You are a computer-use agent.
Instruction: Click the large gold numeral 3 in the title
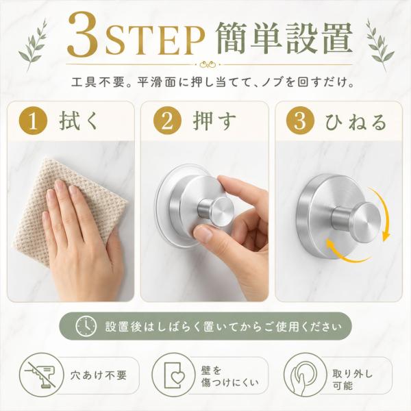pyautogui.click(x=84, y=34)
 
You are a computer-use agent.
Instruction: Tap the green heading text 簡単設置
pyautogui.click(x=284, y=38)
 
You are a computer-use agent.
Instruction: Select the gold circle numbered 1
pyautogui.click(x=33, y=121)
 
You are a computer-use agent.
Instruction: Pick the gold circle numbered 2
pyautogui.click(x=167, y=121)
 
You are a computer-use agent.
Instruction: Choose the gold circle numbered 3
pyautogui.click(x=301, y=121)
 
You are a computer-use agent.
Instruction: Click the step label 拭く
pyautogui.click(x=79, y=121)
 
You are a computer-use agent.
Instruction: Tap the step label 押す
pyautogui.click(x=214, y=121)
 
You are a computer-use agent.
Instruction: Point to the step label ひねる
pyautogui.click(x=356, y=122)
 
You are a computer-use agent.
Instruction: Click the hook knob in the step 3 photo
pyautogui.click(x=357, y=218)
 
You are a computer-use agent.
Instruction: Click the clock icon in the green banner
pyautogui.click(x=86, y=326)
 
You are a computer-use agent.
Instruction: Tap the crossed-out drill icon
pyautogui.click(x=41, y=375)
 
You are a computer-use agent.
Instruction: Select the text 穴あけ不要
pyautogui.click(x=99, y=375)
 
